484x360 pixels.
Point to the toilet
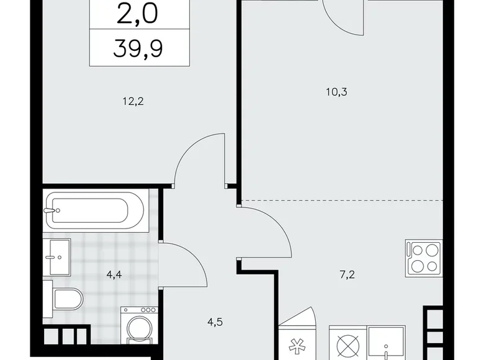pos(65,299)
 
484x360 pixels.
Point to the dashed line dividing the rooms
pos(341,200)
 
